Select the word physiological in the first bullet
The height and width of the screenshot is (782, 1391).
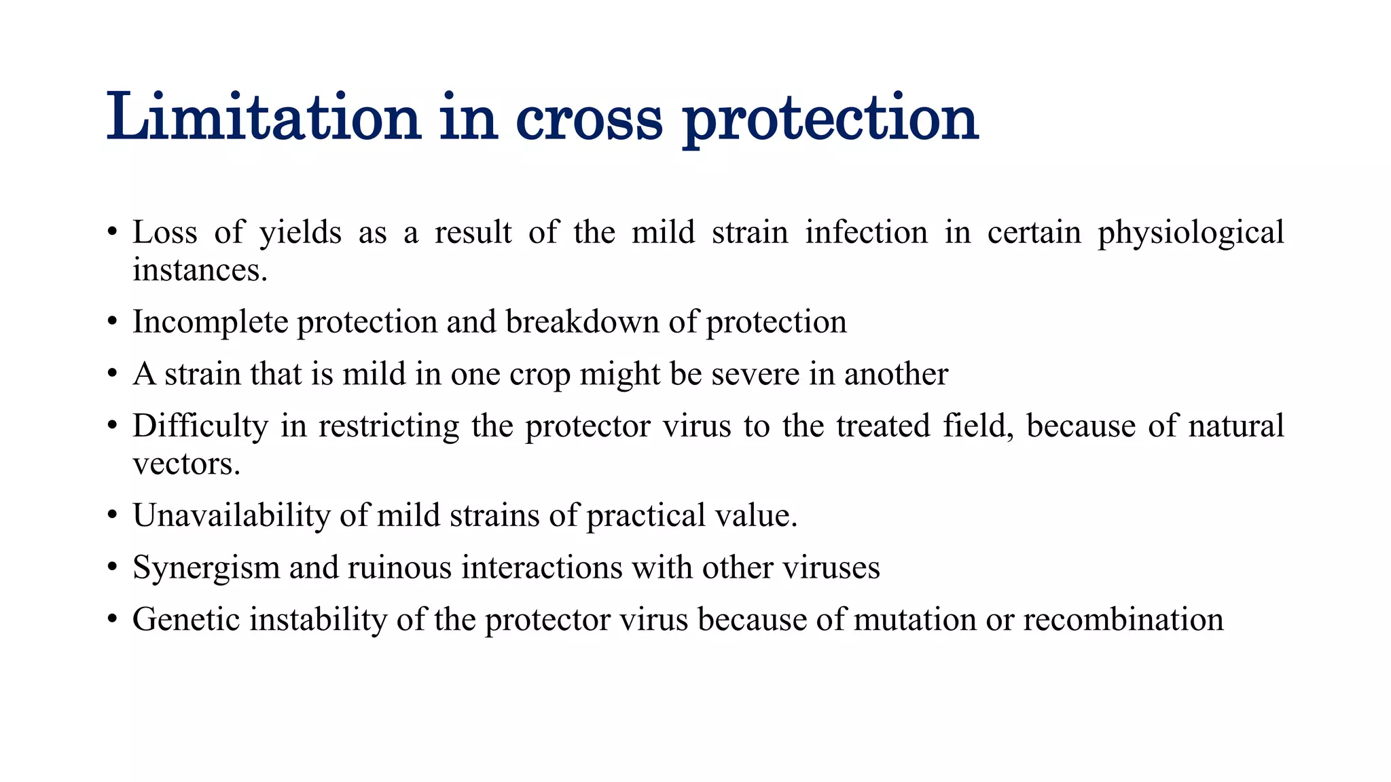[1191, 233]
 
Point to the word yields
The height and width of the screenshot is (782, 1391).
[300, 233]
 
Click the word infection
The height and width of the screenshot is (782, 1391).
[867, 233]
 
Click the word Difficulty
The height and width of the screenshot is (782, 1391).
[200, 427]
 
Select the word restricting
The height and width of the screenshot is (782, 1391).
[389, 427]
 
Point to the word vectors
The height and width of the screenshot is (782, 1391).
[186, 464]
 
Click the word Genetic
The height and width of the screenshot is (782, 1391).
[186, 620]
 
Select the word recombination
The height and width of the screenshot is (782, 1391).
[1123, 620]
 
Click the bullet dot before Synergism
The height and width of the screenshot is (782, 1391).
[113, 568]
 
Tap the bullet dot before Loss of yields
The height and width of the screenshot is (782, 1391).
[113, 233]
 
